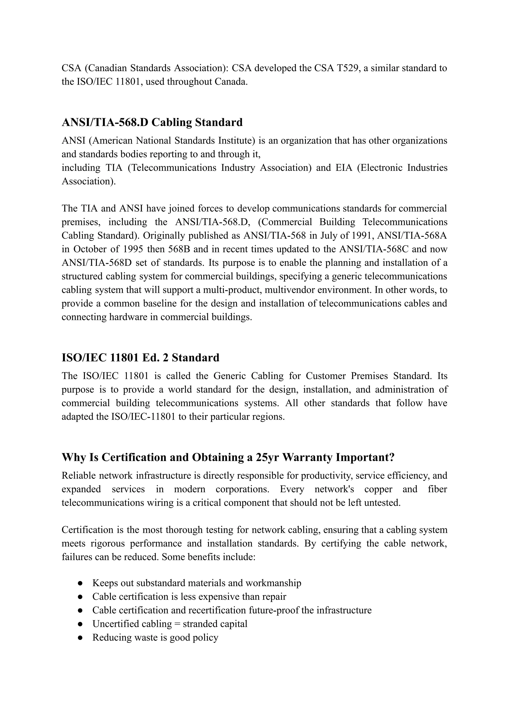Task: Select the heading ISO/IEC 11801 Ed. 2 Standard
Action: click(140, 357)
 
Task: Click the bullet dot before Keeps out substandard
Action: click(80, 583)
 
